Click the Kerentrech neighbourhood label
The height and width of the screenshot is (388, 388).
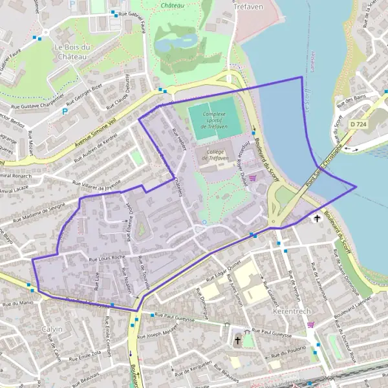tap(292, 311)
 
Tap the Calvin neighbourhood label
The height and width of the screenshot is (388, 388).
tap(52, 329)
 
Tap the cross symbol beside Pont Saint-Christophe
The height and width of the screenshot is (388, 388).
tap(316, 219)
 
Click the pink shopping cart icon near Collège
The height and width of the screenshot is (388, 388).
tap(252, 178)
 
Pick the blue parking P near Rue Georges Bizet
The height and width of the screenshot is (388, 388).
tap(64, 111)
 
